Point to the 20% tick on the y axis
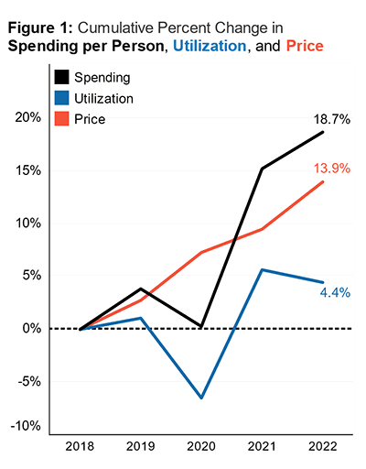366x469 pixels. click(x=27, y=117)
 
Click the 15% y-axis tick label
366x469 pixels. click(x=27, y=170)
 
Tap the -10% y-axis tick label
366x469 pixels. click(x=25, y=426)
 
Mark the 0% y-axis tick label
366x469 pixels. click(x=30, y=328)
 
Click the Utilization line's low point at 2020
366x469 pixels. click(x=201, y=398)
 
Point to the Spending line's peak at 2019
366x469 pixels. click(x=141, y=289)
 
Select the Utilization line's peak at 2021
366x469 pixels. click(x=262, y=269)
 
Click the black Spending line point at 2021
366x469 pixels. click(x=262, y=168)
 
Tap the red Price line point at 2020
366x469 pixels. click(x=201, y=252)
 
